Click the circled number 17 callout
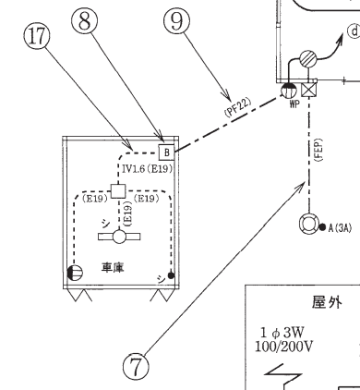(x=37, y=37)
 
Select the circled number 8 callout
(x=85, y=21)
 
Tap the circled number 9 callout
(x=176, y=21)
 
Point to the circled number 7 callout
(x=136, y=366)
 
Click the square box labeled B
(x=166, y=152)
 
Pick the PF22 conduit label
(x=237, y=107)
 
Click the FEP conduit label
(x=318, y=150)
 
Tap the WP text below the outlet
(x=294, y=104)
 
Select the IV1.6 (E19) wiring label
(x=147, y=169)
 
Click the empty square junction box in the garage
(x=118, y=190)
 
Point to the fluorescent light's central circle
(x=119, y=237)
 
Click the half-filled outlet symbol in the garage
(x=75, y=273)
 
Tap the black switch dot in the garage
(x=171, y=275)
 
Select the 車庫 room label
(x=113, y=267)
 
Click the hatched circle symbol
(x=308, y=58)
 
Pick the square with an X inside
(x=308, y=91)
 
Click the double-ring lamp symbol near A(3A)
(x=309, y=223)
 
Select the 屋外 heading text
(x=327, y=301)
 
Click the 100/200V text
(x=284, y=347)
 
